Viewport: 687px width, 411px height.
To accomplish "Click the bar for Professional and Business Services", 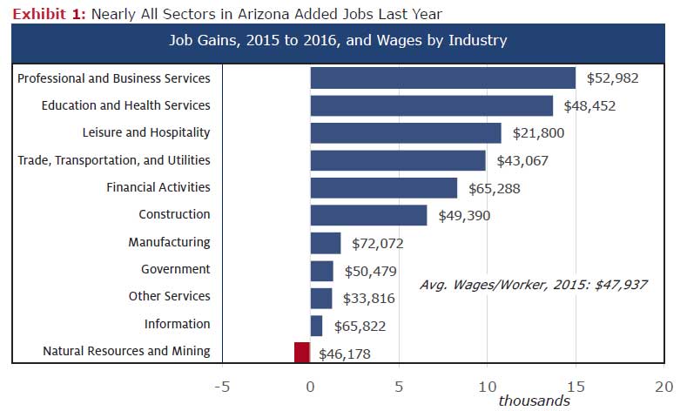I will [x=442, y=78].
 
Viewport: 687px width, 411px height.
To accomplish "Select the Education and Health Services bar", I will [x=431, y=105].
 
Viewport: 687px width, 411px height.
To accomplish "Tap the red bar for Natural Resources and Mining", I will [x=302, y=352].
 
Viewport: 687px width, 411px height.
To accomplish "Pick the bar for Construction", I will [x=368, y=215].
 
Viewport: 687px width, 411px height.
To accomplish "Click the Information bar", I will [x=316, y=325].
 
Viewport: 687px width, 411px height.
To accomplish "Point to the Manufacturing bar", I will [x=325, y=243].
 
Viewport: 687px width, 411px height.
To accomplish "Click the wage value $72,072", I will [x=379, y=244].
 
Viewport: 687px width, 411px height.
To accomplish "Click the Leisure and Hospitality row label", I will [x=145, y=132].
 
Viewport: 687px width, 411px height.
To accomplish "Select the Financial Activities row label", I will [x=158, y=187].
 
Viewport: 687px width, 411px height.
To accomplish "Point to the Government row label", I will [x=175, y=269].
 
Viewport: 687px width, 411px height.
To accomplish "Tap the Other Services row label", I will [x=169, y=296].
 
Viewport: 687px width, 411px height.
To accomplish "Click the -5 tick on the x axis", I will [x=221, y=384].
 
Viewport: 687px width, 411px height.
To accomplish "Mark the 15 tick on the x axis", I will [x=575, y=384].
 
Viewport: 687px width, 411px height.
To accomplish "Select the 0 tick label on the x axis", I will [x=311, y=384].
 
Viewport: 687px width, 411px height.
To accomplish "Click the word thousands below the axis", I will [x=534, y=401].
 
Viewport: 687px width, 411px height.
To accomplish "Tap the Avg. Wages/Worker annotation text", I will [x=533, y=285].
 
